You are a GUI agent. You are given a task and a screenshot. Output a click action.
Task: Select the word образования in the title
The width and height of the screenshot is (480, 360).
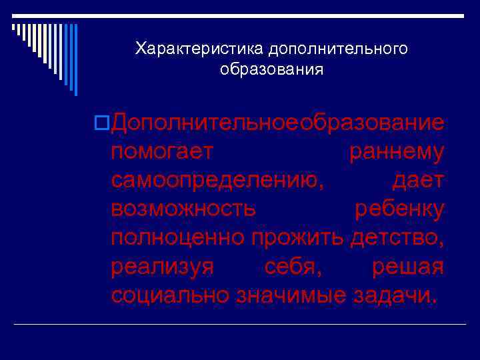tap(271, 70)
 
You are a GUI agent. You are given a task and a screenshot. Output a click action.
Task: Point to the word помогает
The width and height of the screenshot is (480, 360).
tap(163, 152)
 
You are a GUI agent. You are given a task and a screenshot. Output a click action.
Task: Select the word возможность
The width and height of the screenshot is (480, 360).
tap(183, 209)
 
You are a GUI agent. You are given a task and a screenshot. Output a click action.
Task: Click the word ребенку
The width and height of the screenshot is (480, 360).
tap(399, 209)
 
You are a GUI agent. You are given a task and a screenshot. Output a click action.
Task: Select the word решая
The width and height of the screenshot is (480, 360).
tap(407, 267)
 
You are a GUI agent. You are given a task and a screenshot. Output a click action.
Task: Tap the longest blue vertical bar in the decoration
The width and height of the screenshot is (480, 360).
tap(75, 60)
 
